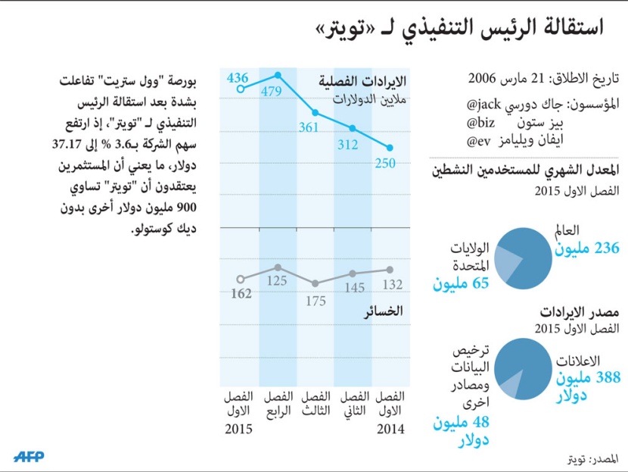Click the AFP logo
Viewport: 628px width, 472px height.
tap(29, 456)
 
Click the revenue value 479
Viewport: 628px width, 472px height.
tap(278, 92)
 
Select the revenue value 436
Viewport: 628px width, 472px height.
tap(238, 77)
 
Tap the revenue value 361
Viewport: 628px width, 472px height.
tap(308, 128)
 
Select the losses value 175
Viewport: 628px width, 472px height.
tap(316, 301)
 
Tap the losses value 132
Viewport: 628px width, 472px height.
tap(390, 285)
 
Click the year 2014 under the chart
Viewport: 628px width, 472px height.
tap(390, 429)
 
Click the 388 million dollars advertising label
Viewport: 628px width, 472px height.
tap(586, 384)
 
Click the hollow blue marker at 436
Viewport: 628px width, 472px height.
tap(241, 89)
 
